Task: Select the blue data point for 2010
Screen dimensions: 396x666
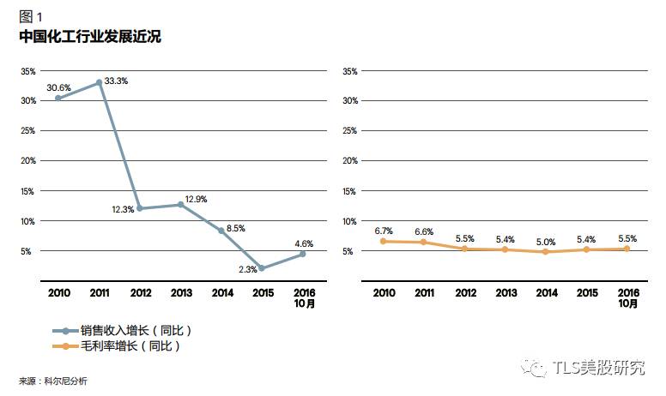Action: [x=58, y=98]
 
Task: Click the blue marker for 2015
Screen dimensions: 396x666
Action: [x=261, y=268]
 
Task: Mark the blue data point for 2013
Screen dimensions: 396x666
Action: [x=180, y=205]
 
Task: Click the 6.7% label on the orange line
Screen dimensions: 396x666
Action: [x=384, y=231]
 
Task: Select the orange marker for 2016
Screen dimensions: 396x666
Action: [x=627, y=249]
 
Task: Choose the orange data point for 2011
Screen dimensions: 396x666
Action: [x=423, y=243]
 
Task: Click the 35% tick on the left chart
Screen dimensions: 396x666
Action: [x=27, y=71]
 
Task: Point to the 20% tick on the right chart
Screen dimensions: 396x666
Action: [x=349, y=161]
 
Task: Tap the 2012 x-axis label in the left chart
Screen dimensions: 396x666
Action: [x=140, y=293]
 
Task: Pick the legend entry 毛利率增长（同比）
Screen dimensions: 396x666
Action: [x=130, y=346]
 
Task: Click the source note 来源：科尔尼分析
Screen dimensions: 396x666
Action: [x=53, y=380]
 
